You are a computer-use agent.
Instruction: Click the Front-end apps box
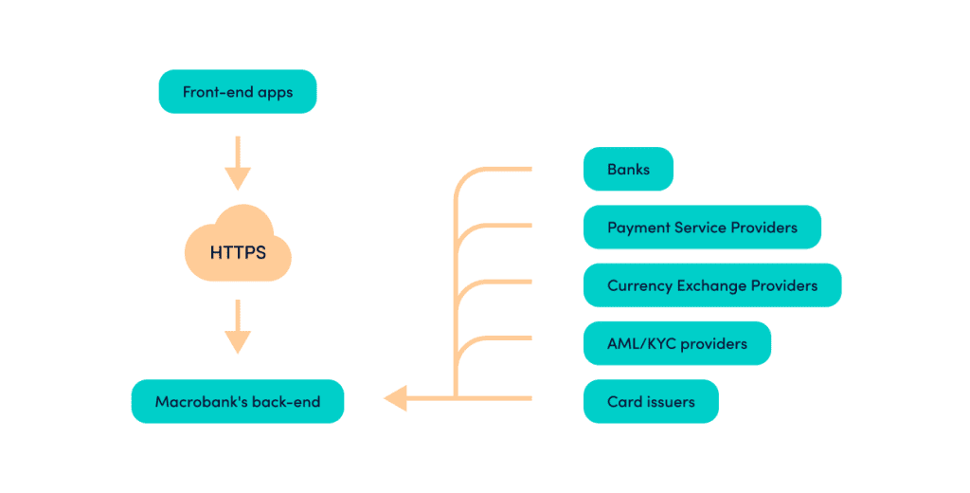[237, 92]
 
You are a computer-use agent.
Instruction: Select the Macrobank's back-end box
[237, 401]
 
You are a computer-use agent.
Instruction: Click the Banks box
[628, 170]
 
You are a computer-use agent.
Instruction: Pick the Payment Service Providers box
[702, 228]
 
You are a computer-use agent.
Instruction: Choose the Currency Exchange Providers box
[711, 285]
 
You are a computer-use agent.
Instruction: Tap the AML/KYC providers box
[676, 343]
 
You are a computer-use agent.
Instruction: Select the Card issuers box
[651, 401]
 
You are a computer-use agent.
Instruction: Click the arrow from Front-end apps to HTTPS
[237, 162]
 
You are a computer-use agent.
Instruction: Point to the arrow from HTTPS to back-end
[237, 326]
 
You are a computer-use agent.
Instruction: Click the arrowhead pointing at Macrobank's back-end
[396, 398]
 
